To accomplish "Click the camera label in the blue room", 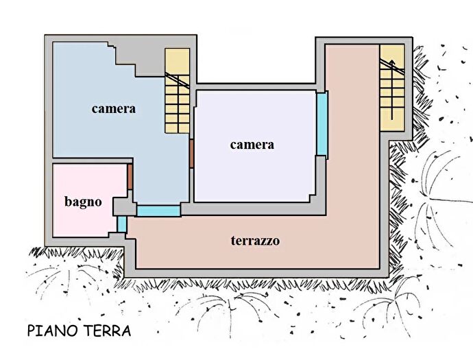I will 114,108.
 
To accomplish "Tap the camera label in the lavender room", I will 252,144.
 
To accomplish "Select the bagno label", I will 83,202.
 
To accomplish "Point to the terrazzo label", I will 254,241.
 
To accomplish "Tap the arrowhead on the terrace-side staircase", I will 393,64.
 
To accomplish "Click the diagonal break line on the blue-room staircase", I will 178,80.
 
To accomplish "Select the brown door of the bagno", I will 130,178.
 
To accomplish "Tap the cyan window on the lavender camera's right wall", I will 322,123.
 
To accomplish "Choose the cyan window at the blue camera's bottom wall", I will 158,211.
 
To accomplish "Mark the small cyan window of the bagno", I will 122,224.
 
